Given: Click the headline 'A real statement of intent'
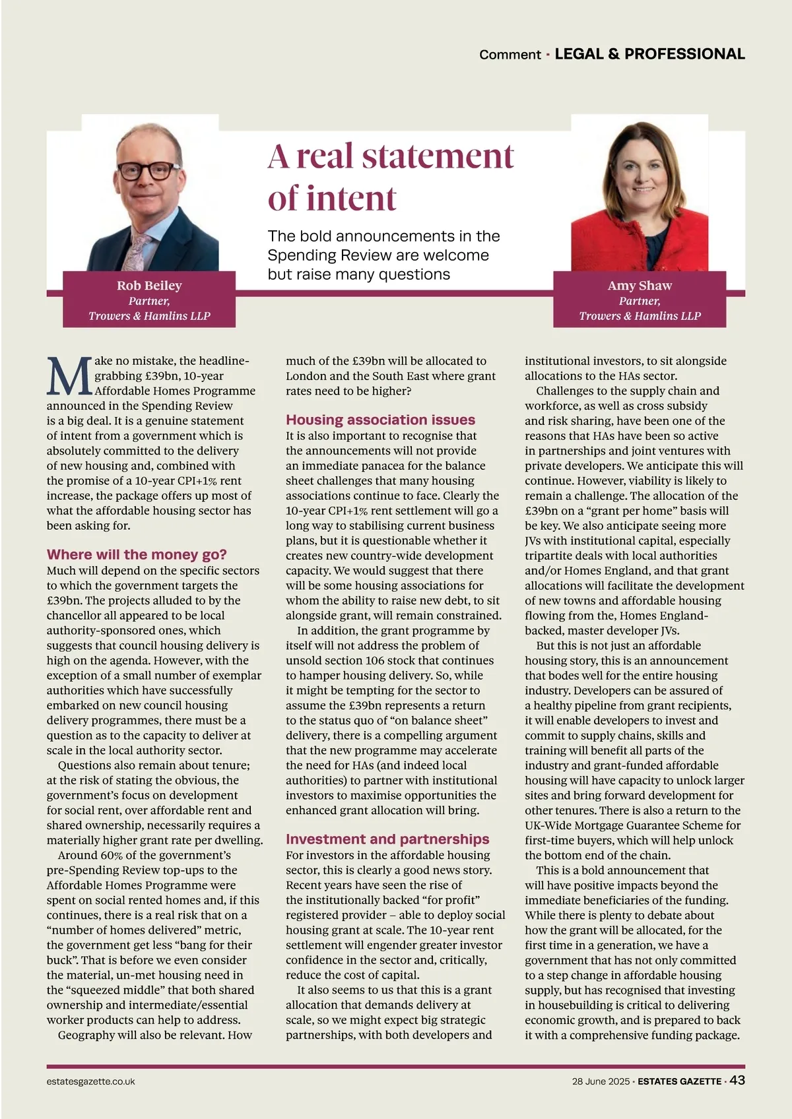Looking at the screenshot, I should tap(390, 177).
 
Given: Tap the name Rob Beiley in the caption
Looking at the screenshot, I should tap(149, 286).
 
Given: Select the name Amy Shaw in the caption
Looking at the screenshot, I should tap(640, 286).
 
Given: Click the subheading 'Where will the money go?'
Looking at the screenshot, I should tap(137, 554).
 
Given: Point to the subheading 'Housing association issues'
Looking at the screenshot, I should tap(380, 420).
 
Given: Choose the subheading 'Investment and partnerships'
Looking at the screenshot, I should tap(387, 839).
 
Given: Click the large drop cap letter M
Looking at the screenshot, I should tap(69, 377).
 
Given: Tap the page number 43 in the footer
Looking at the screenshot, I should tap(737, 1080).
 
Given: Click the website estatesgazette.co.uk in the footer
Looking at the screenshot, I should tap(91, 1081).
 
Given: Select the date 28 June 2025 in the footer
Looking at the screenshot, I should tap(601, 1081).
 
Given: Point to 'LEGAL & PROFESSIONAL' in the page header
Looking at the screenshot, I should tap(649, 54).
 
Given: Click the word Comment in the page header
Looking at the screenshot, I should tap(510, 55).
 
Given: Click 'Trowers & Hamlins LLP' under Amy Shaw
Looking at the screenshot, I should tap(640, 316).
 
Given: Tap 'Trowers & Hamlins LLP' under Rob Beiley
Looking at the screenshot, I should tap(149, 316).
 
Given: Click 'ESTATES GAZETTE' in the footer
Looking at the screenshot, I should tap(679, 1081).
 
